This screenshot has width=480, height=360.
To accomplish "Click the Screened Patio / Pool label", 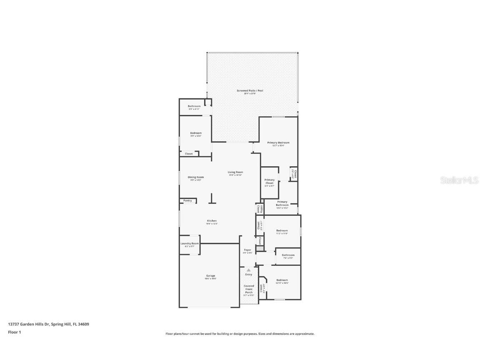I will tap(250, 90).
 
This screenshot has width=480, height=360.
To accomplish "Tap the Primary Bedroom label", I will tap(278, 142).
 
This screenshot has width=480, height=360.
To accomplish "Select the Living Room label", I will tap(235, 172).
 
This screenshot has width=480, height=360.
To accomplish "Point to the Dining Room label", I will tap(195, 177).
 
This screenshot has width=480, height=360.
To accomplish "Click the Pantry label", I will tap(187, 200).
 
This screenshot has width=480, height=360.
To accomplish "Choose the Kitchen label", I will tap(212, 221).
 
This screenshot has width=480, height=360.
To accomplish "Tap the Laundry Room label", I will tap(190, 243).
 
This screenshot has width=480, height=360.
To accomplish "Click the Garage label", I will tap(210, 275).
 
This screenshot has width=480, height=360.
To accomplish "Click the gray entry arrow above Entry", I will tap(249, 270).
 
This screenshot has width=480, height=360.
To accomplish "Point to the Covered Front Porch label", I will tap(249, 289).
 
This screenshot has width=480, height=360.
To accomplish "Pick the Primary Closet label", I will tap(270, 181).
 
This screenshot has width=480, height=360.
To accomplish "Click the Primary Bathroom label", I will tap(282, 203).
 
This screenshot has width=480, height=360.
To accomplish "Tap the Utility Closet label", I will tap(259, 208).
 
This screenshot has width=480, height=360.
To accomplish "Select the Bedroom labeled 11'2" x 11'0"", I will tap(282, 230).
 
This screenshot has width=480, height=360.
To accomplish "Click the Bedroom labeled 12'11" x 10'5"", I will tap(282, 280).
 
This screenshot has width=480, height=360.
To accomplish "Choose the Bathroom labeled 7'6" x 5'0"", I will tap(288, 255).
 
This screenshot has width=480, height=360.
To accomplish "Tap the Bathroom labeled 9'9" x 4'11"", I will tap(194, 106).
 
